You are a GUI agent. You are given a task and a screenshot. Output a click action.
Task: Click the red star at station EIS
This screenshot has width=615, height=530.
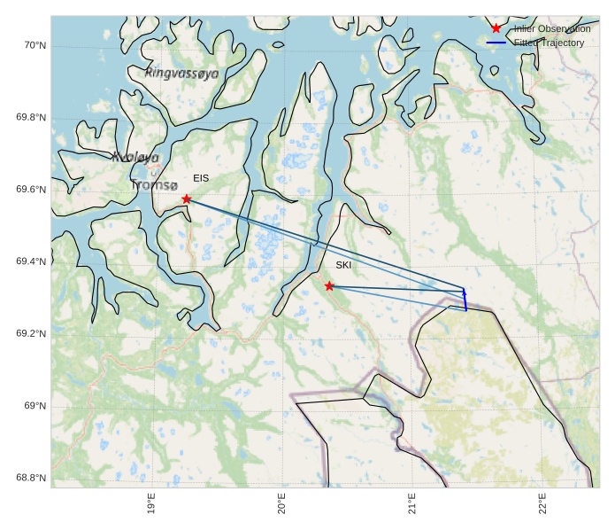(187, 199)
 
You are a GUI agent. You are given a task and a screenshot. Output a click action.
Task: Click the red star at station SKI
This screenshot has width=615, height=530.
(329, 285)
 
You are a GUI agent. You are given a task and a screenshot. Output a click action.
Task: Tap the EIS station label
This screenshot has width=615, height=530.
(201, 178)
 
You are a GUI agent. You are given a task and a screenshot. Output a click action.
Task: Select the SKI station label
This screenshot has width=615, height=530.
(343, 265)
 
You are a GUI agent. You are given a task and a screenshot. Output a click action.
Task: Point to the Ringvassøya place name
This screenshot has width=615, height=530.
(181, 74)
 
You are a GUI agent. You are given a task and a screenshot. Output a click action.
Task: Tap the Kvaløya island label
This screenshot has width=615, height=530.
(135, 157)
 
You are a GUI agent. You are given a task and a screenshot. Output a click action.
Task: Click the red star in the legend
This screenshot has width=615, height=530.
(496, 29)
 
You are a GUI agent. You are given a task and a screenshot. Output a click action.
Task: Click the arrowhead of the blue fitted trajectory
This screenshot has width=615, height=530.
(464, 291)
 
